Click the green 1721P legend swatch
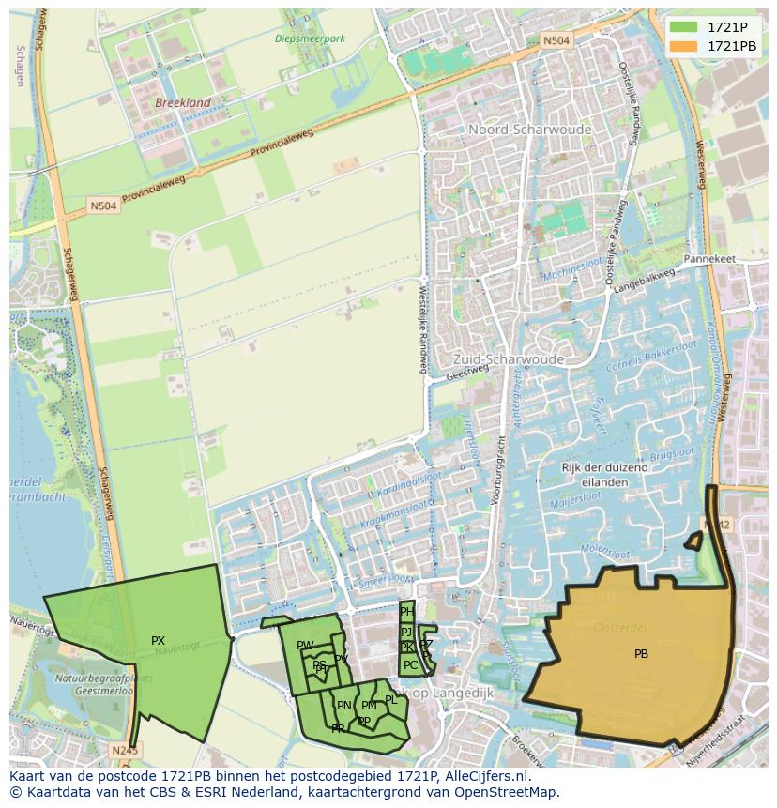click(684, 27)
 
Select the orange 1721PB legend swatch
click(684, 46)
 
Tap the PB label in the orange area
click(641, 654)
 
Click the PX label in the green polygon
click(158, 641)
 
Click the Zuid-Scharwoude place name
click(508, 359)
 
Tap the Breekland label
click(183, 102)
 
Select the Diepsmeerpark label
click(311, 38)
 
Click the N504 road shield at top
click(556, 40)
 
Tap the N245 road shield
click(124, 750)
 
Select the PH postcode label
click(406, 612)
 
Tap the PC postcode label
click(410, 665)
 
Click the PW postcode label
click(305, 646)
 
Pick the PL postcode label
click(391, 699)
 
